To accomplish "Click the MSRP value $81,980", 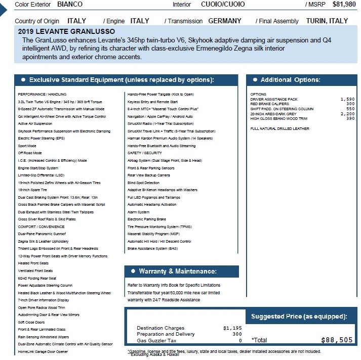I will (344, 4).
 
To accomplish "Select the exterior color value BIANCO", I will (70, 4).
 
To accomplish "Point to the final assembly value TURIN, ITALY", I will (327, 21).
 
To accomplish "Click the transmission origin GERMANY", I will (225, 21).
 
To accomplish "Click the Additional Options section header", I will (290, 80).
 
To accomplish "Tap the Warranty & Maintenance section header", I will (177, 272).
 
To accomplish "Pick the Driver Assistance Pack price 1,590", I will (347, 99).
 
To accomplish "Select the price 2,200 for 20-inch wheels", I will (347, 114).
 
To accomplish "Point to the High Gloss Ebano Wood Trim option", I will (278, 118).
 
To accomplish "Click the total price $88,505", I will (337, 340).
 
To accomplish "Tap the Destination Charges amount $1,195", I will (232, 328).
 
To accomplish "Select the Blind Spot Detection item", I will (143, 183).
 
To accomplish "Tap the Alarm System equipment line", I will (138, 212).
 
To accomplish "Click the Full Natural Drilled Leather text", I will (279, 128).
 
